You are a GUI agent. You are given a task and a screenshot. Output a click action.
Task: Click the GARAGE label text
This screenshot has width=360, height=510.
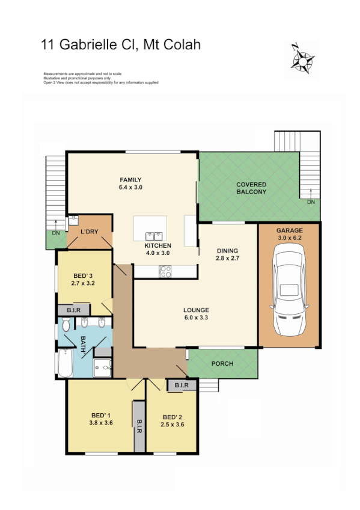(289, 231)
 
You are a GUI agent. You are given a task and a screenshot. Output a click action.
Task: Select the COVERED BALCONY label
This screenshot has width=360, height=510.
(251, 188)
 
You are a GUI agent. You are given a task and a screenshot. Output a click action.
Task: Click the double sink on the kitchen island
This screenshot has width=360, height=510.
(153, 235)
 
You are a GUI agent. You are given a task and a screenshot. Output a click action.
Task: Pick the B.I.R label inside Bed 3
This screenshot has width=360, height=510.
(74, 310)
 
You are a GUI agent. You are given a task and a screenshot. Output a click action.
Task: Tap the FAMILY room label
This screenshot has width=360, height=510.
(130, 180)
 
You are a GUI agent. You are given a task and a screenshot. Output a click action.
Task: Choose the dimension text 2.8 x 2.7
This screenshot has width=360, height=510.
(228, 259)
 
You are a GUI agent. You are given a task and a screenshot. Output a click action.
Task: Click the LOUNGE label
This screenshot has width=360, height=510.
(196, 310)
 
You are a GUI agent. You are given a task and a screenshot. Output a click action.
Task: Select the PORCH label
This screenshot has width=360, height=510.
(222, 364)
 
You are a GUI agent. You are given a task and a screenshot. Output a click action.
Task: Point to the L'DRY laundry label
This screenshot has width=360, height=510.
(90, 232)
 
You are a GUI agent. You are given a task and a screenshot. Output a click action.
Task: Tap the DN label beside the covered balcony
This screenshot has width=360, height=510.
(310, 203)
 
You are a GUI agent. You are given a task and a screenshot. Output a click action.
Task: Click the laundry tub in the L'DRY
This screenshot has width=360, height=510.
(75, 219)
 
